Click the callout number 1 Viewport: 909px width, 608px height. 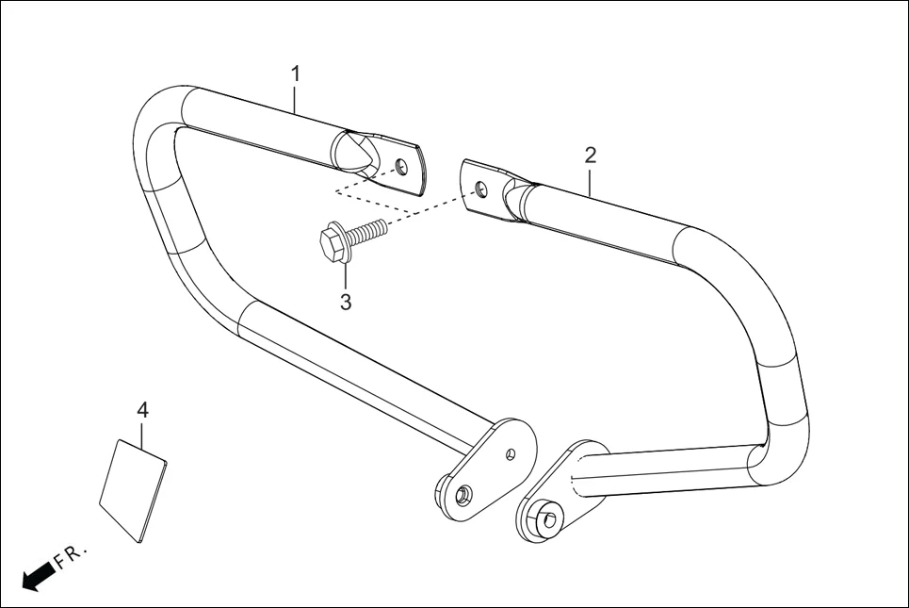(x=296, y=73)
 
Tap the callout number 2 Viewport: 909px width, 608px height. (x=591, y=155)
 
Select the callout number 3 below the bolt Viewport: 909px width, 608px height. (x=346, y=302)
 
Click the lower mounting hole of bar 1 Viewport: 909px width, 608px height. (x=462, y=494)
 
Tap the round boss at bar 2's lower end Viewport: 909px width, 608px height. (x=545, y=518)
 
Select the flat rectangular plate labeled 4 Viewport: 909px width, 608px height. (x=133, y=491)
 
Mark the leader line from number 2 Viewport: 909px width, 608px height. (x=591, y=180)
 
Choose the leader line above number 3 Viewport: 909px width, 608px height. (x=346, y=276)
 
